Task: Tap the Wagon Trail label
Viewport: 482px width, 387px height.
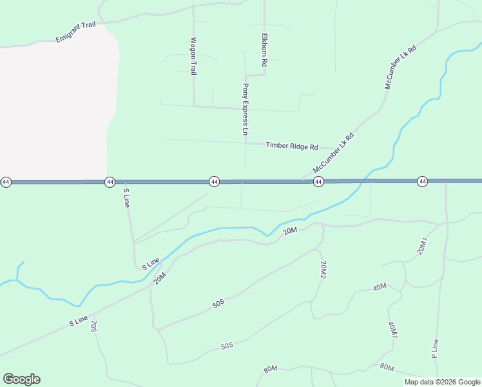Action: pyautogui.click(x=192, y=56)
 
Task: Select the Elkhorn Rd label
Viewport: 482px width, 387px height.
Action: pyautogui.click(x=264, y=50)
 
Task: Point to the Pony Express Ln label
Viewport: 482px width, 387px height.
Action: pyautogui.click(x=245, y=109)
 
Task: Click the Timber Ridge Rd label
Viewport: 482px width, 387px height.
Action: pyautogui.click(x=292, y=146)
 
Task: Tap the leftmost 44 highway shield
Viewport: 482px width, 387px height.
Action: pyautogui.click(x=6, y=183)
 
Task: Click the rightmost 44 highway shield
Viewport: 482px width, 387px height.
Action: pyautogui.click(x=422, y=182)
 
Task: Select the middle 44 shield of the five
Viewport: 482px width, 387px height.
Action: pyautogui.click(x=214, y=183)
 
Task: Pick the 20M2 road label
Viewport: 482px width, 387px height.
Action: pyautogui.click(x=323, y=270)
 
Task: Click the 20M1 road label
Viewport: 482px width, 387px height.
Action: pyautogui.click(x=423, y=245)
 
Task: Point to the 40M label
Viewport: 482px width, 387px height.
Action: pyautogui.click(x=380, y=287)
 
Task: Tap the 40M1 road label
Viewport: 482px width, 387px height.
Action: pyautogui.click(x=393, y=330)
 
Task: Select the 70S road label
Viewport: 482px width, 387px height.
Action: pyautogui.click(x=93, y=326)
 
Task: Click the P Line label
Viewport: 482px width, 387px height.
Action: pyautogui.click(x=435, y=348)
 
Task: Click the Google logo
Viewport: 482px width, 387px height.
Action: pyautogui.click(x=21, y=379)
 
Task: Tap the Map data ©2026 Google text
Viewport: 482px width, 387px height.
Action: pyautogui.click(x=442, y=382)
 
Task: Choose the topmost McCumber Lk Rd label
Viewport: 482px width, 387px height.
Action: pyautogui.click(x=400, y=67)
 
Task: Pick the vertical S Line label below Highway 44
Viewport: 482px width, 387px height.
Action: pyautogui.click(x=127, y=197)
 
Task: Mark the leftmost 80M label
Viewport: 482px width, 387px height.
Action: pyautogui.click(x=270, y=369)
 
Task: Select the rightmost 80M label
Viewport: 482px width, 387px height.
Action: pyautogui.click(x=387, y=368)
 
